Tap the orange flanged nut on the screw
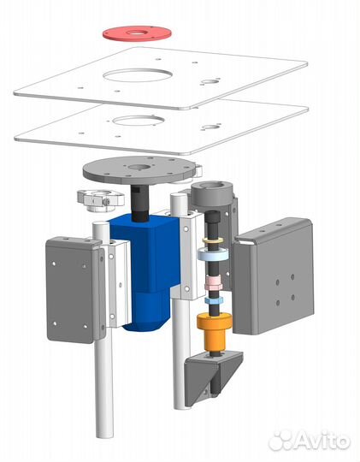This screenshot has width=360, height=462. click(x=215, y=330)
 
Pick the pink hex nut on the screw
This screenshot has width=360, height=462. click(x=214, y=282)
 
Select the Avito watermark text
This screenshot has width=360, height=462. click(x=310, y=441)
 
